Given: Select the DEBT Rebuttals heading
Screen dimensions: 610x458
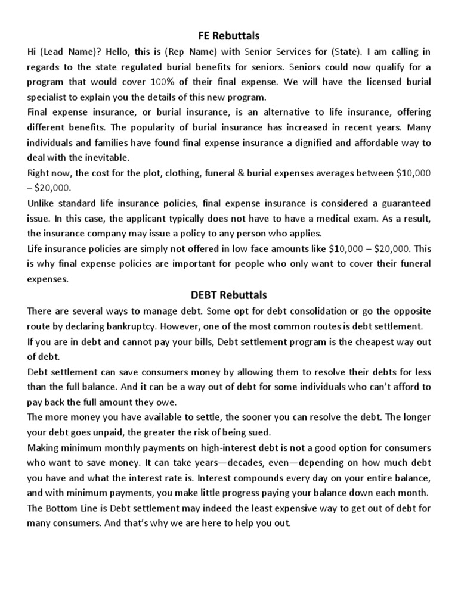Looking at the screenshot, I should point(228,295).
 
